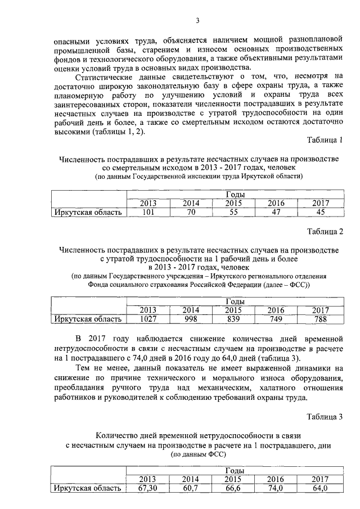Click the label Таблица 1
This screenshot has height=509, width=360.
pos(325,139)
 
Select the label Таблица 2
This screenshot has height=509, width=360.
pos(325,231)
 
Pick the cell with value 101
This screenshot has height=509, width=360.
pos(148,212)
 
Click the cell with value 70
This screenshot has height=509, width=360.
pos(191,212)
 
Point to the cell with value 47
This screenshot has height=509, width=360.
pos(276,212)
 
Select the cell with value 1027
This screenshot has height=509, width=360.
pos(148,319)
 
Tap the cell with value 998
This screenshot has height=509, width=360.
pos(191,319)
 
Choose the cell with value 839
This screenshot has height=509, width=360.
pos(233,319)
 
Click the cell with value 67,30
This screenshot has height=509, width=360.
pos(147,488)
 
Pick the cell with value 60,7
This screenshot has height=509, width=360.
pos(191,488)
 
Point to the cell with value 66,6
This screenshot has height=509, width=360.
pos(233,488)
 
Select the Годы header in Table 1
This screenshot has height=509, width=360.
pos(233,195)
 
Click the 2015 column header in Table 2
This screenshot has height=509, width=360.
pos(233,310)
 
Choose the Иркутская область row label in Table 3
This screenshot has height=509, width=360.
pos(87,488)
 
